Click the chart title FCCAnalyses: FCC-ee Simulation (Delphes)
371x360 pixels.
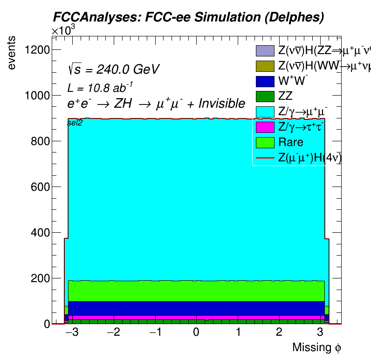(x=188, y=17)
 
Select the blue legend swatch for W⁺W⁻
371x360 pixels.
(x=264, y=81)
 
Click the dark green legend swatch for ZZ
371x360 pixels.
(x=264, y=97)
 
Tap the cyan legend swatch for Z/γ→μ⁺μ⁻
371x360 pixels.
(x=264, y=112)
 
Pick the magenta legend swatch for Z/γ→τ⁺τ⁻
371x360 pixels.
(x=264, y=127)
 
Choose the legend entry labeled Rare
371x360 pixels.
(x=290, y=142)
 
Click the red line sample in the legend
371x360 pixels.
(x=264, y=158)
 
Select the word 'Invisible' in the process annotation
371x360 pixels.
(x=221, y=104)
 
